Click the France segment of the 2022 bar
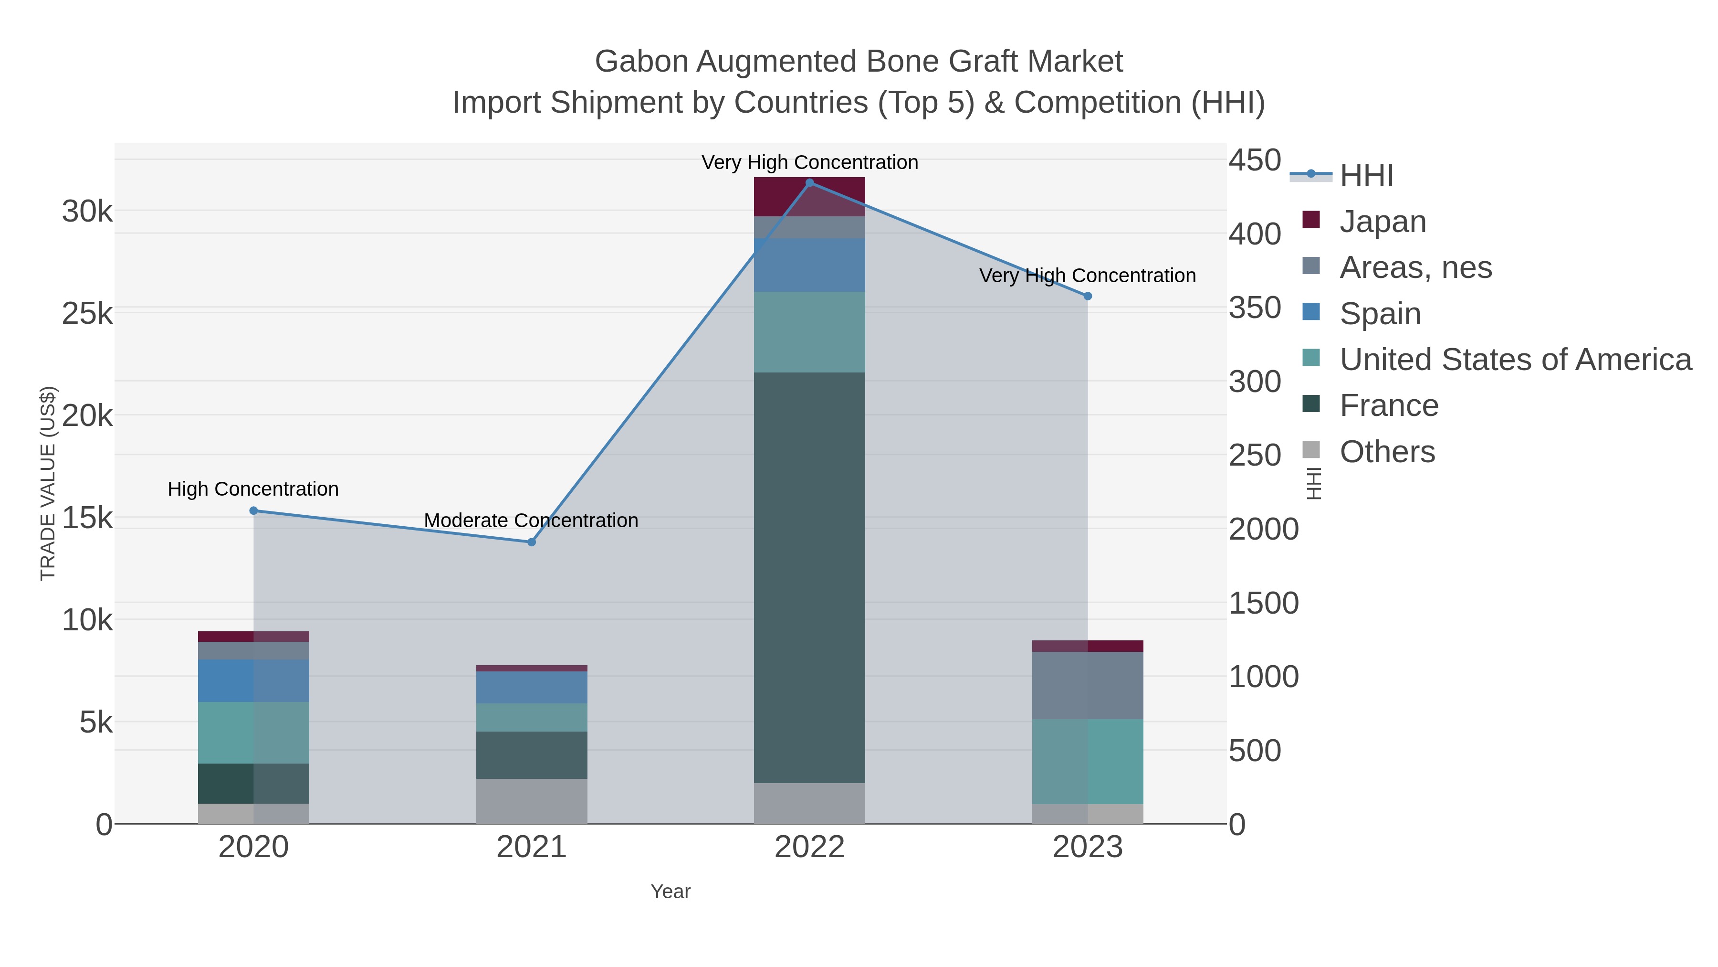click(x=809, y=577)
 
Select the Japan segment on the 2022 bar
click(x=809, y=196)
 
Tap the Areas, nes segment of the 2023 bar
click(x=1087, y=685)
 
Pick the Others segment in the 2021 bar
click(x=532, y=801)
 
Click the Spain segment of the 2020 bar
click(x=253, y=680)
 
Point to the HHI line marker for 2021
click(x=532, y=542)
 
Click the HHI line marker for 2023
click(x=1087, y=296)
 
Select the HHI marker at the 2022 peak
click(x=810, y=182)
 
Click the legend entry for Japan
click(x=1382, y=222)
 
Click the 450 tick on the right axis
click(x=1255, y=161)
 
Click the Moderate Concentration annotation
click(x=531, y=521)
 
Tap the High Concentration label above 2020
click(x=253, y=489)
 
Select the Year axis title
click(x=670, y=892)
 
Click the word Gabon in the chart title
click(x=641, y=62)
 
